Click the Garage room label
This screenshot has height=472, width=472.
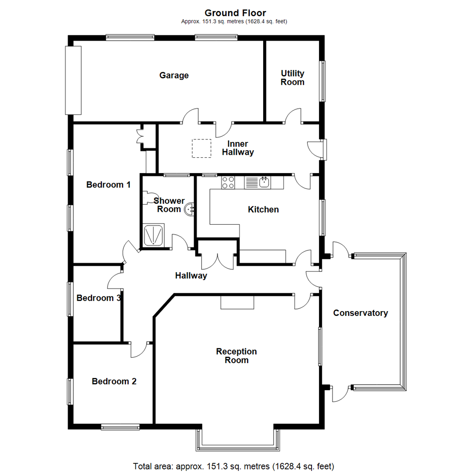174,76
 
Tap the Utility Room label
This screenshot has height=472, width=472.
292,78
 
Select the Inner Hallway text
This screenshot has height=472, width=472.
238,148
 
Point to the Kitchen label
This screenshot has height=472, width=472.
263,210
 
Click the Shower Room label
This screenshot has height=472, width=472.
169,205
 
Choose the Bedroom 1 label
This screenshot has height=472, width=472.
108,185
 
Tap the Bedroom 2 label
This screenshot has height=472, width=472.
114,382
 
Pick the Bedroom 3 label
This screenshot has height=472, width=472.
98,298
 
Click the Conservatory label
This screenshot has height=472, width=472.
361,313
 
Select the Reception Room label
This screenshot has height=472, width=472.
236,356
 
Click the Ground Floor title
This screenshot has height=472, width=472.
235,13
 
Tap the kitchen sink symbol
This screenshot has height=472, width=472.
264,182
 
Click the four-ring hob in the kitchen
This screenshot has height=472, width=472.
228,182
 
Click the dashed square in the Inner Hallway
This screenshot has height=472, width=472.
201,148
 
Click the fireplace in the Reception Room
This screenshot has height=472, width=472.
237,302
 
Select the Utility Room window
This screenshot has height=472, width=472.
323,81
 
